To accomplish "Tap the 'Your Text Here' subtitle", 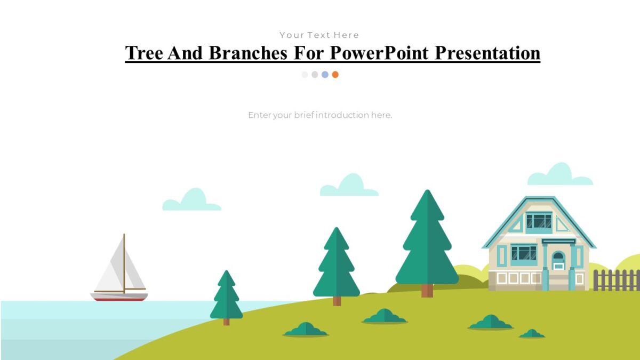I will [319, 35].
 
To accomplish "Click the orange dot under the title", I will [335, 75].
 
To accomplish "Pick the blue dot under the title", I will [325, 75].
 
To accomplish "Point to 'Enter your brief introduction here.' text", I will [320, 115].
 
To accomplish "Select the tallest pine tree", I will [427, 240].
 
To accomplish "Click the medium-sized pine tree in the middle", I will [336, 267].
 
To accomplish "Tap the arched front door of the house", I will [558, 261].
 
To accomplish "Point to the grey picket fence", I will [616, 281].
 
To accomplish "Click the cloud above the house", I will [560, 175].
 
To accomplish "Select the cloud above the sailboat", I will [192, 201].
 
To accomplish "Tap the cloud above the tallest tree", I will [349, 187].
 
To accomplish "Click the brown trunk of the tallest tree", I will [427, 291].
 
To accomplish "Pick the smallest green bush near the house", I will [532, 334].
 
